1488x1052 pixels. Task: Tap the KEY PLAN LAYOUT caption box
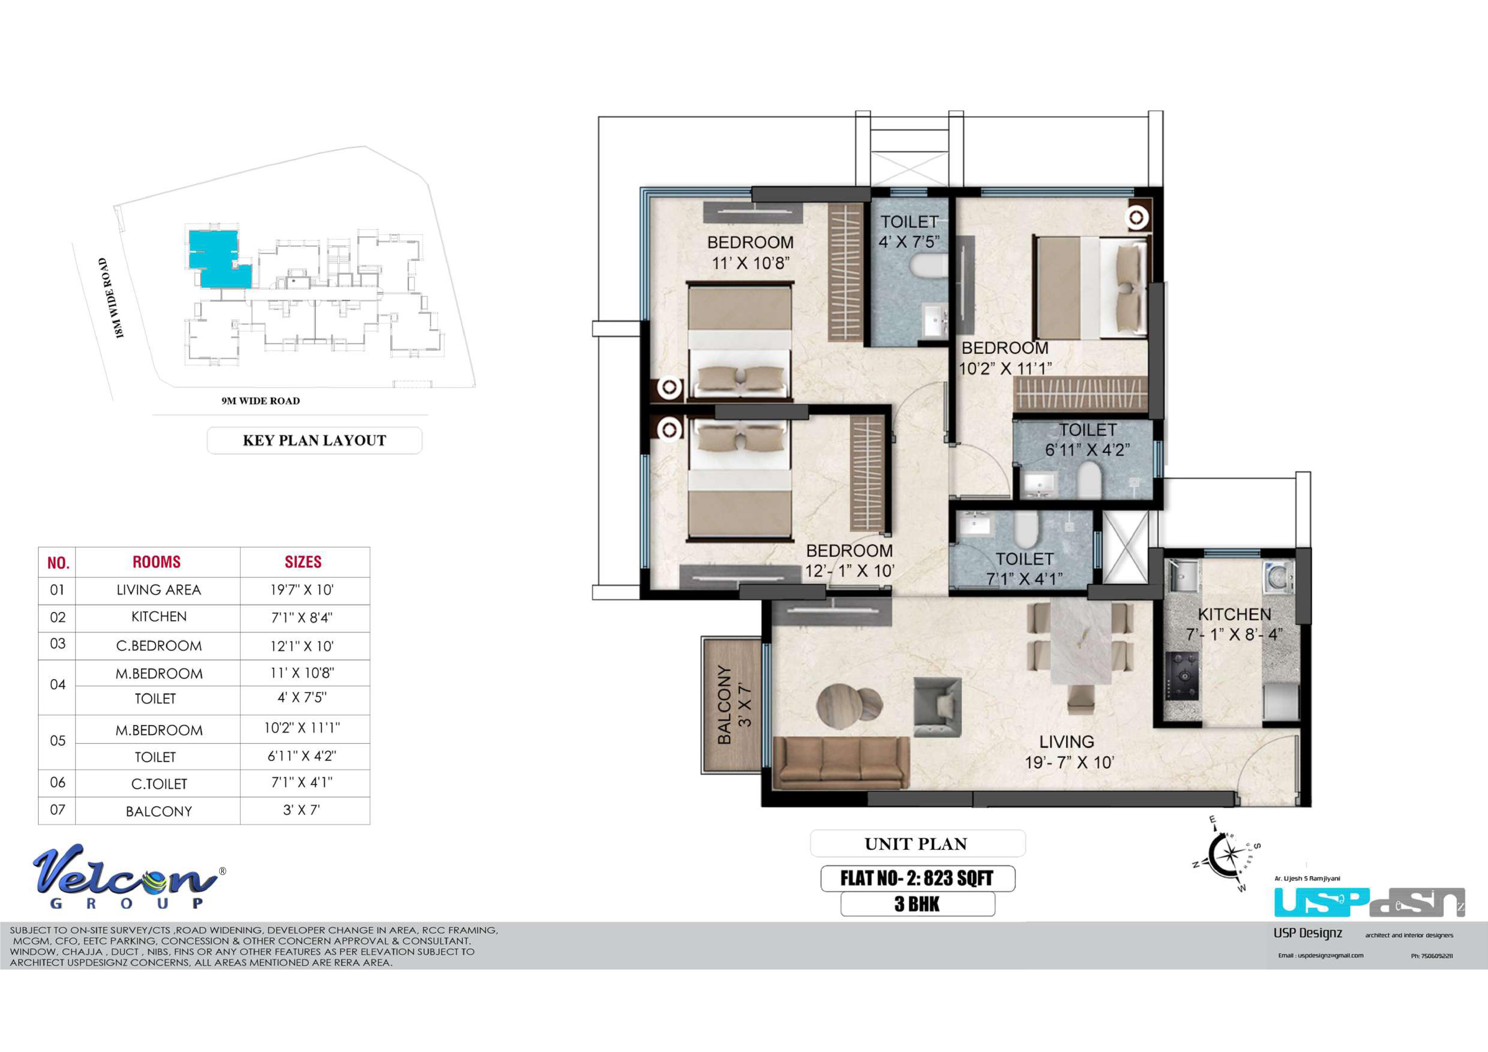tap(314, 440)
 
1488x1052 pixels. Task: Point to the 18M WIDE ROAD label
tap(111, 298)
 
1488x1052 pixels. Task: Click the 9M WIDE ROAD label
tap(261, 401)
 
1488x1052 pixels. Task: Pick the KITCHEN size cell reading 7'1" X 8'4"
tap(302, 618)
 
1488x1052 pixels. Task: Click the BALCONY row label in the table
tap(159, 811)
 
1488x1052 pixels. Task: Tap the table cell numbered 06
tap(58, 782)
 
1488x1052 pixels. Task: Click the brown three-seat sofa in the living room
tap(841, 763)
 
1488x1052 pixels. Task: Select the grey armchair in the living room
tap(937, 707)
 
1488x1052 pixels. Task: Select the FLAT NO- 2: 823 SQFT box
tap(918, 878)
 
